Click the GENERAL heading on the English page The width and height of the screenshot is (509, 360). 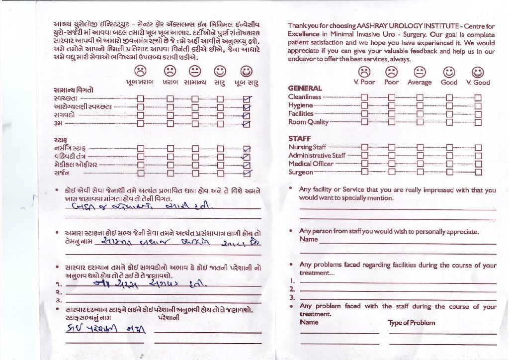click(x=305, y=89)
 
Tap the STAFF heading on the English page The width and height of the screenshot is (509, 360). click(x=299, y=139)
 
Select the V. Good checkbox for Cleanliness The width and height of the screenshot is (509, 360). click(x=478, y=97)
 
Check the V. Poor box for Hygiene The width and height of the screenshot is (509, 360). click(x=364, y=105)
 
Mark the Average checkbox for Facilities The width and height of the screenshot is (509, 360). click(x=420, y=114)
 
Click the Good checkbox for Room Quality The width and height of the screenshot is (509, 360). click(x=449, y=122)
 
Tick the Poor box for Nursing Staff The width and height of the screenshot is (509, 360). click(x=391, y=147)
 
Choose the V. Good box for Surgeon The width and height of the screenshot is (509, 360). click(x=478, y=173)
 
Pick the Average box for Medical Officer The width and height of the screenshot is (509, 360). click(x=420, y=164)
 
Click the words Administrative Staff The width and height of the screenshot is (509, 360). click(x=317, y=156)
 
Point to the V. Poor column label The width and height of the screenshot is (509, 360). click(x=364, y=83)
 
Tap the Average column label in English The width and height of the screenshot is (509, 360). click(x=420, y=83)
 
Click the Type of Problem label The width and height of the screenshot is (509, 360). click(x=411, y=323)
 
